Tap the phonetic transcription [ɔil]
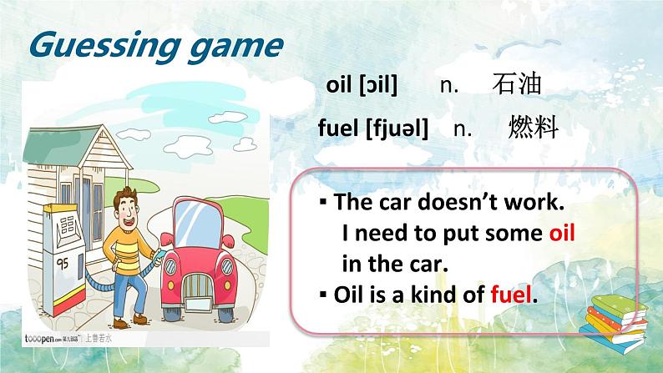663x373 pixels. coord(377,85)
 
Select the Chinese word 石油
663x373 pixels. coord(517,84)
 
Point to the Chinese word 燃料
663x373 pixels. coord(532,128)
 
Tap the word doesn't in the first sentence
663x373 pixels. coord(449,203)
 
